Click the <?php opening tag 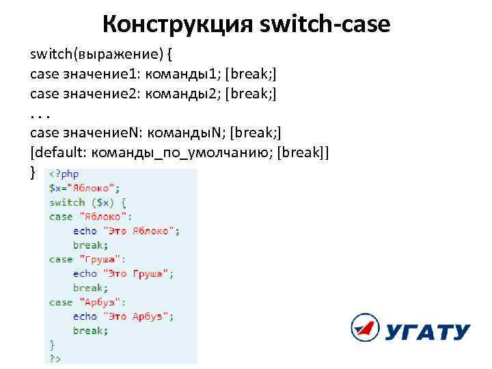click(x=64, y=174)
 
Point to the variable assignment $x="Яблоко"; click(x=84, y=188)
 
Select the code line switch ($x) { click(x=87, y=202)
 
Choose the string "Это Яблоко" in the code click(x=139, y=231)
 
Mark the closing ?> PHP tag click(x=55, y=358)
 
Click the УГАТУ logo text click(x=428, y=333)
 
